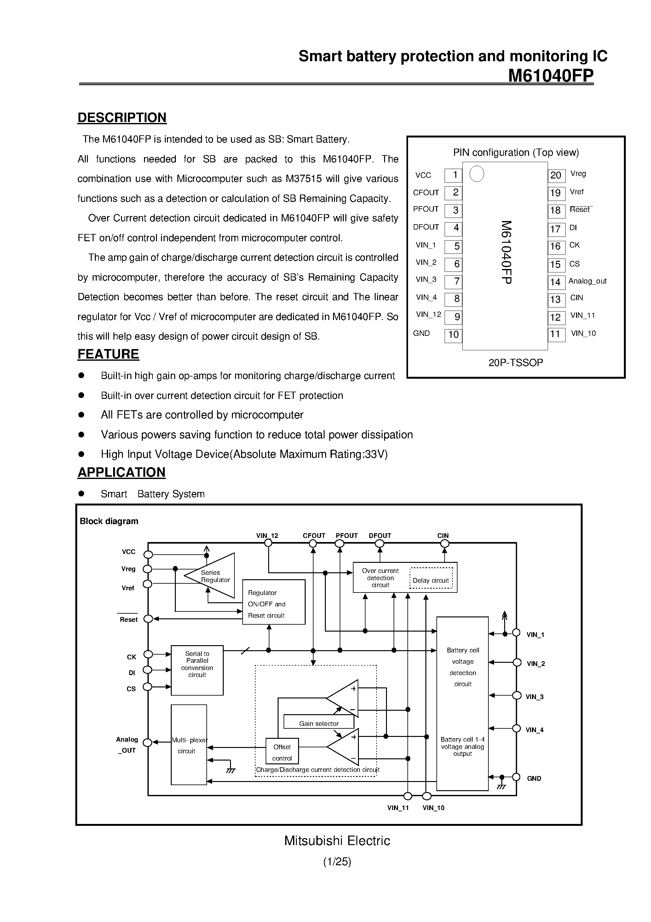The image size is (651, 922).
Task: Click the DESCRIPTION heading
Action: [122, 118]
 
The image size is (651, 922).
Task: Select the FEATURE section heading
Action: [108, 354]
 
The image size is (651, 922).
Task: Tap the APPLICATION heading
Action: [121, 472]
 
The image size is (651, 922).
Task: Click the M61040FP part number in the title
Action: [551, 75]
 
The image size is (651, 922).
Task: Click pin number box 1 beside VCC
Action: [453, 175]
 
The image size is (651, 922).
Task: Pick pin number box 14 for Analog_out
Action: [556, 282]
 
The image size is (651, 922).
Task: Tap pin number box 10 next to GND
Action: [453, 335]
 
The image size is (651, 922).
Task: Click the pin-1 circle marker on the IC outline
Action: [477, 174]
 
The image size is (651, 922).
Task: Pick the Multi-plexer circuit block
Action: [189, 745]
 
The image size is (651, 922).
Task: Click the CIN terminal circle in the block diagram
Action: [444, 544]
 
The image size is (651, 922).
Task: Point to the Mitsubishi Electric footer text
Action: [337, 841]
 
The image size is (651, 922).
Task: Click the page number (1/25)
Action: [337, 861]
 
